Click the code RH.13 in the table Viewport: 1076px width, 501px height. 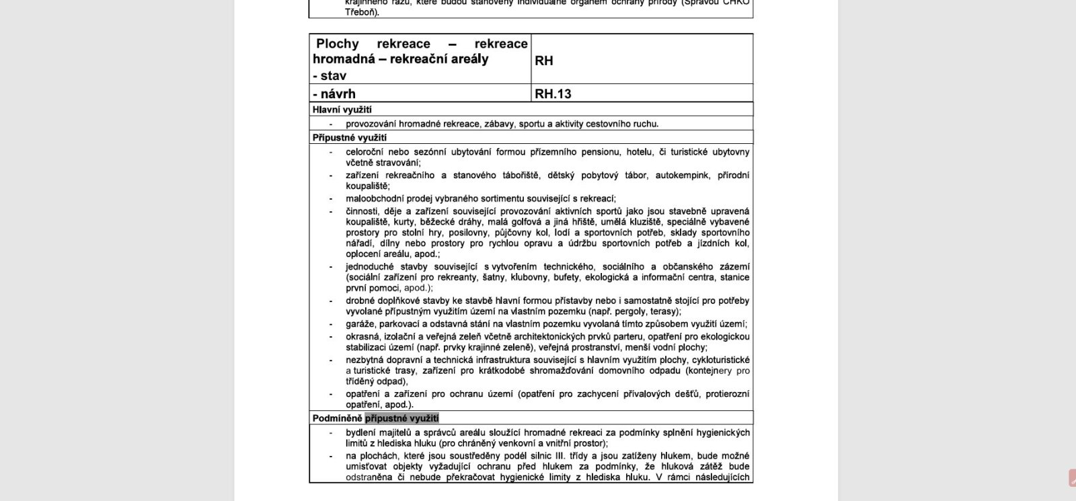[x=553, y=93]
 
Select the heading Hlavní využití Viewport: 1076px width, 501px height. [x=342, y=110]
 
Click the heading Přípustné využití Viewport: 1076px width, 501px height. [x=349, y=138]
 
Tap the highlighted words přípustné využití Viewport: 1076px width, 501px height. [x=401, y=418]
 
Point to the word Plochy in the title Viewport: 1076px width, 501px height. [x=338, y=44]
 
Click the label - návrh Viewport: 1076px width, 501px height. [x=334, y=93]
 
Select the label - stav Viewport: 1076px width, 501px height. [x=330, y=76]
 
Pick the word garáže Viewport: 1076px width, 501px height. [x=360, y=324]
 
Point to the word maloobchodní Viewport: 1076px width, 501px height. [x=374, y=198]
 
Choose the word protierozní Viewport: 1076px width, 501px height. [x=727, y=394]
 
